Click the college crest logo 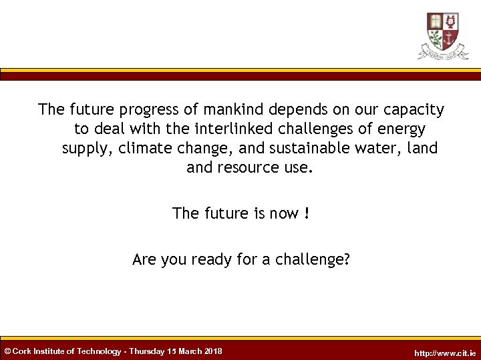click(x=443, y=35)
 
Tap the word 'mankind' click(x=229, y=109)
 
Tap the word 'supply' click(x=86, y=149)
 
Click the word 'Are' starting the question click(x=143, y=259)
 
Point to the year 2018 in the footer click(x=213, y=351)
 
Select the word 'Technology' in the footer click(x=100, y=351)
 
